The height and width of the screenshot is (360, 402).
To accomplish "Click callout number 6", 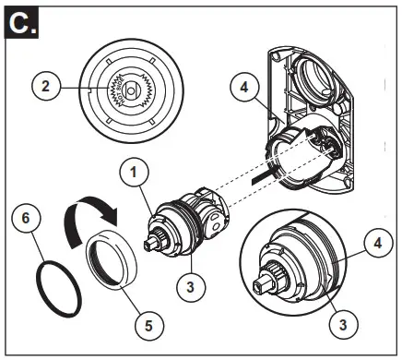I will tap(29, 220).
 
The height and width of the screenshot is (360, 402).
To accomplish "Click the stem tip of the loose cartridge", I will tap(152, 245).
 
